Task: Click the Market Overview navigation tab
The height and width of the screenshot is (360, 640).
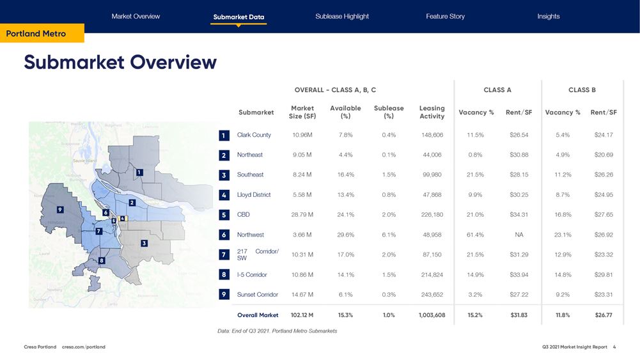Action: point(136,16)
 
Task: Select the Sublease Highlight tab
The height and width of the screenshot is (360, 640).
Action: point(342,16)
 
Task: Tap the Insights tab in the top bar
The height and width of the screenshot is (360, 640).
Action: point(548,16)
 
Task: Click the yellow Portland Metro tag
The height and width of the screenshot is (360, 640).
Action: point(36,33)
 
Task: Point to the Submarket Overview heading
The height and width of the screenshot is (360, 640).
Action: point(120,62)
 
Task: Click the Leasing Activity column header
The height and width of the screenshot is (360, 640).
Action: point(432,112)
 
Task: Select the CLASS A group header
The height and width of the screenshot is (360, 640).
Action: point(497,90)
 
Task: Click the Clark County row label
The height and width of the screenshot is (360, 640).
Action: point(254,135)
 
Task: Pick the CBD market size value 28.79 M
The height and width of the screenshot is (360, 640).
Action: point(302,215)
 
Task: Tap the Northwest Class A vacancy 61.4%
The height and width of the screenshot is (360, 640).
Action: point(475,235)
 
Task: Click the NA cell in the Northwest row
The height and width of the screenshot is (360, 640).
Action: point(519,235)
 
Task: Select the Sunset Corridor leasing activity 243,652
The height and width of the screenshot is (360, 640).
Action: point(432,295)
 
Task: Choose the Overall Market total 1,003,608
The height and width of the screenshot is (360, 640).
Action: point(432,315)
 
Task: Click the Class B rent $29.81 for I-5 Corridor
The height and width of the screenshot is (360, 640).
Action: point(603,275)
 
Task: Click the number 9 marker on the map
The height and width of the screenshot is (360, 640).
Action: point(59,209)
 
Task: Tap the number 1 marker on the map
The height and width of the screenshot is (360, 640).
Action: point(139,172)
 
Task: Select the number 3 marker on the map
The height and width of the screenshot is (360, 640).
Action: point(144,243)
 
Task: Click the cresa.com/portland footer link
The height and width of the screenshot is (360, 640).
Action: point(84,347)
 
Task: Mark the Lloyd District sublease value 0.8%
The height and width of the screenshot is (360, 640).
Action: point(389,195)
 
